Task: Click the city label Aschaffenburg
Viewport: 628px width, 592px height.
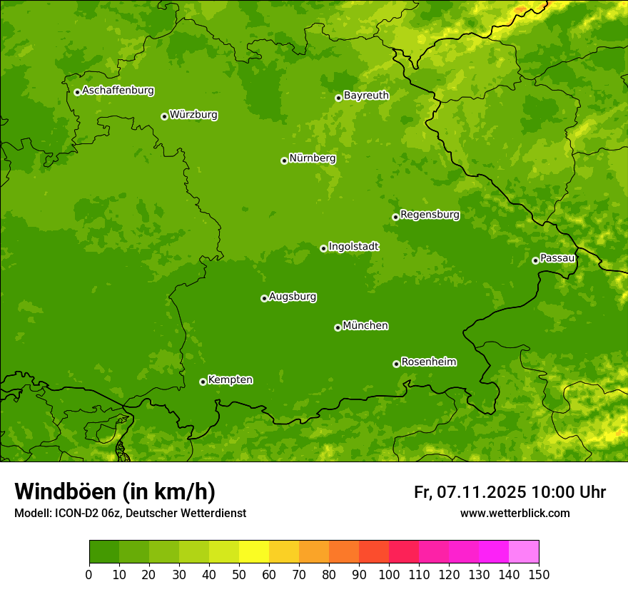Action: [118, 91]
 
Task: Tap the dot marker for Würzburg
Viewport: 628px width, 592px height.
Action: [164, 116]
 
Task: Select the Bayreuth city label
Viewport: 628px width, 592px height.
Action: [366, 95]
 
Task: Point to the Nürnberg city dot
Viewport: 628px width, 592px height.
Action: [284, 160]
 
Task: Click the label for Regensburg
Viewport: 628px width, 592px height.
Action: [430, 214]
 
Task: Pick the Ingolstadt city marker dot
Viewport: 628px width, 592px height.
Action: [323, 248]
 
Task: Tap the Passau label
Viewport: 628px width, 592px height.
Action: [557, 257]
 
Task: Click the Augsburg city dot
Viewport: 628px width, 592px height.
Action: [264, 298]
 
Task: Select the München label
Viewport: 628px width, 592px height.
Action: [365, 325]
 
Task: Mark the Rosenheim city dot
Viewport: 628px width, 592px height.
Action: [396, 364]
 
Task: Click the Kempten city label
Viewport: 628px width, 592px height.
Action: [230, 379]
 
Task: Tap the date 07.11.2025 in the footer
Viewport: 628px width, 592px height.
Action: [482, 492]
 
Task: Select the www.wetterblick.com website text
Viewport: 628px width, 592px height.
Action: [515, 513]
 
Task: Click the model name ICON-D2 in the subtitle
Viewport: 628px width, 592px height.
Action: [75, 513]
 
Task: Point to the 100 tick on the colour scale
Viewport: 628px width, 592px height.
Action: [389, 575]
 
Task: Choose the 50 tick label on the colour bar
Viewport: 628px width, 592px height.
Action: [239, 575]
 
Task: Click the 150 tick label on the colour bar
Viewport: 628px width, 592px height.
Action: [539, 575]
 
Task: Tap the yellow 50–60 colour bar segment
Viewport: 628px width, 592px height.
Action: [254, 552]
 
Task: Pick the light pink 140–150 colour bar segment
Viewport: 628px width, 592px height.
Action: [524, 552]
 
